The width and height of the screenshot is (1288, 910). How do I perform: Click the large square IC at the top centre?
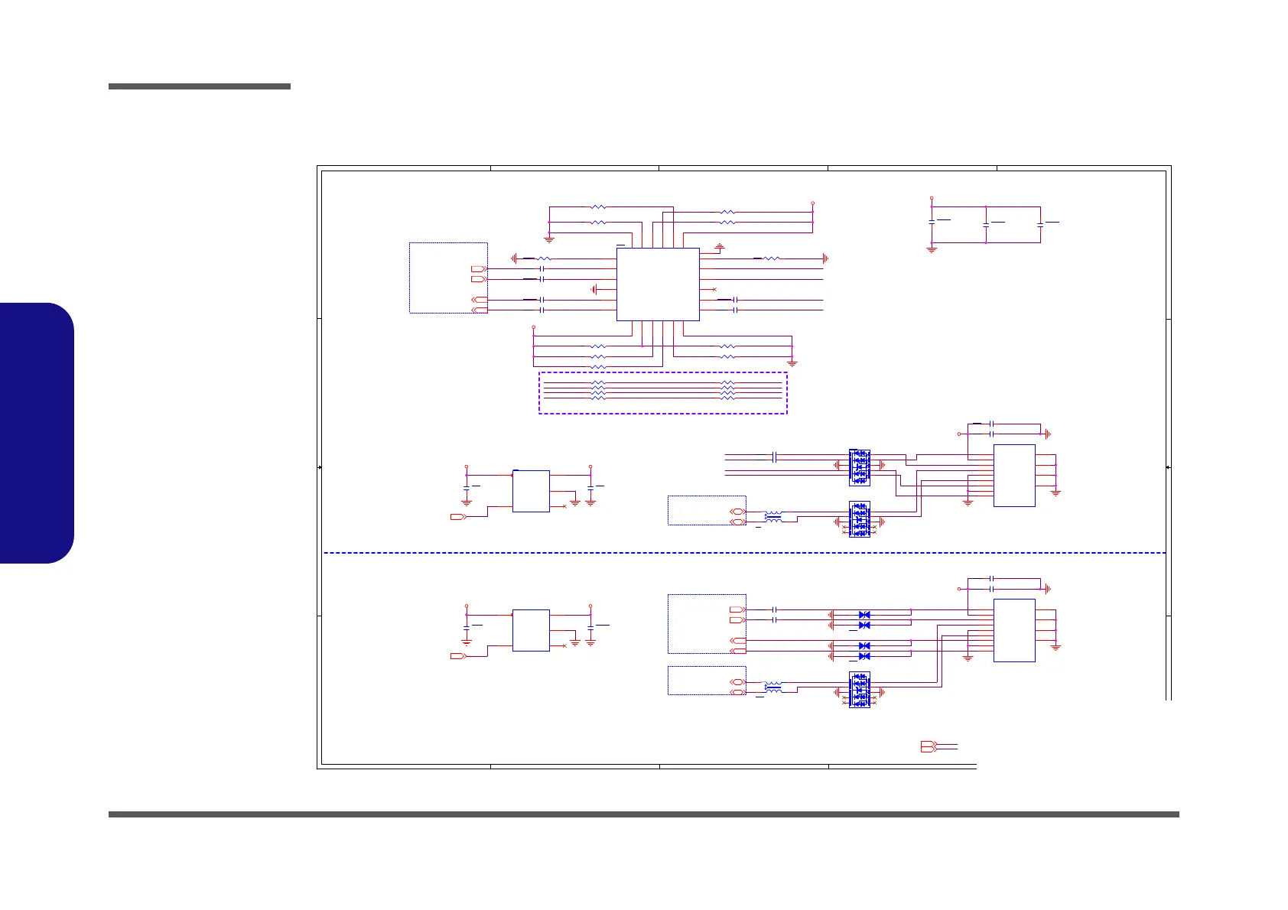click(658, 284)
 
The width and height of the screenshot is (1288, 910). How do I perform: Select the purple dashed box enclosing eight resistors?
click(662, 393)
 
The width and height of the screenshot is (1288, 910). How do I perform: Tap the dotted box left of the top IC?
click(448, 278)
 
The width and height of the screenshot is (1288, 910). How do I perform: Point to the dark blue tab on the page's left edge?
click(37, 433)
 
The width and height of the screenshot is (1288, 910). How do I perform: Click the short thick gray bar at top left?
click(200, 86)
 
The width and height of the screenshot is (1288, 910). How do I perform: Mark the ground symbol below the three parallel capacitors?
click(932, 249)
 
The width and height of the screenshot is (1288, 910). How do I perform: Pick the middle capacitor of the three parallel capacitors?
click(986, 223)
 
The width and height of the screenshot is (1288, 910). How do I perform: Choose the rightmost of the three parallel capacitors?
click(1040, 223)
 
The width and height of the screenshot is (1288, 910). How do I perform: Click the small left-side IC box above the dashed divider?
click(531, 491)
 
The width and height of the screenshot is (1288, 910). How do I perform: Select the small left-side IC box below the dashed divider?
click(531, 630)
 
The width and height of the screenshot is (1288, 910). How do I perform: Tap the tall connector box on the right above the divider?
click(1014, 475)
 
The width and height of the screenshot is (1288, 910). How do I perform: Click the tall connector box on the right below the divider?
click(1014, 630)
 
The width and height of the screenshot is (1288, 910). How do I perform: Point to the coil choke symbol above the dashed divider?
click(773, 517)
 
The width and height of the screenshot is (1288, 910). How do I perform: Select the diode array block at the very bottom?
click(859, 690)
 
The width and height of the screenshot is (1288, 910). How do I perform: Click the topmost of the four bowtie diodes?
click(864, 615)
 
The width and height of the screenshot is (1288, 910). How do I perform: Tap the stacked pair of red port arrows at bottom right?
click(929, 747)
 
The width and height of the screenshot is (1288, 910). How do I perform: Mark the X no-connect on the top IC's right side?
click(714, 290)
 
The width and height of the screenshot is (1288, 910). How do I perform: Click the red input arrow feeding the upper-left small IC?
click(458, 517)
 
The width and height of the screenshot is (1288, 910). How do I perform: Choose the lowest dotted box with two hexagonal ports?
click(707, 681)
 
